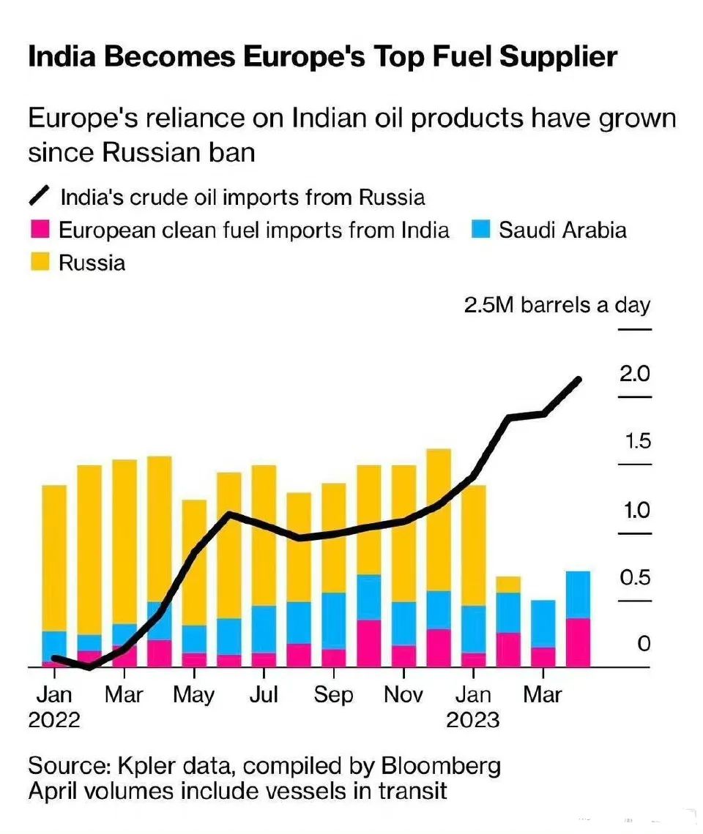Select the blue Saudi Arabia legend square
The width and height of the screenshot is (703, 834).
click(x=481, y=230)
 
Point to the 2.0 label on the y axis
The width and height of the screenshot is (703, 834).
click(x=634, y=375)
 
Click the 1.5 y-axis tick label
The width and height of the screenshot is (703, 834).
click(x=634, y=442)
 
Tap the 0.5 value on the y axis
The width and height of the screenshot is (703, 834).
click(x=634, y=578)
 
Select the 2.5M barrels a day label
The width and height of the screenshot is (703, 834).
click(x=557, y=305)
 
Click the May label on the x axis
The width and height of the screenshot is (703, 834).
click(x=194, y=694)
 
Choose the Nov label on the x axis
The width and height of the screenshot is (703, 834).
click(x=403, y=694)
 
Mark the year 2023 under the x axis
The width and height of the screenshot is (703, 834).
click(x=472, y=720)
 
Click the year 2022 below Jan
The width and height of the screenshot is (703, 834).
click(x=54, y=720)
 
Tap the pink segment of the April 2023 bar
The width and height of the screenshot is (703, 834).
click(x=579, y=642)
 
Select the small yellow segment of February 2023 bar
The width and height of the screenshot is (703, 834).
click(x=508, y=584)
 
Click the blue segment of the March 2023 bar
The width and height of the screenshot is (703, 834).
click(x=543, y=623)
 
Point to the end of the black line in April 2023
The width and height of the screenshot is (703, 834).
click(x=579, y=380)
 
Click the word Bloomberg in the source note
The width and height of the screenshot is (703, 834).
click(x=442, y=767)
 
